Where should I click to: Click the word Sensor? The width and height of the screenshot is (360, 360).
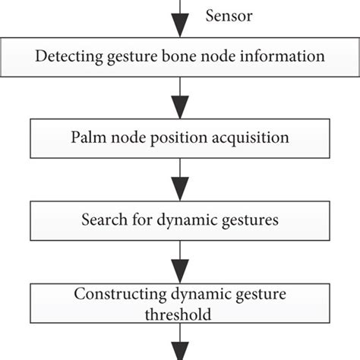(229, 15)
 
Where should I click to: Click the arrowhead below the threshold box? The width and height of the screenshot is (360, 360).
(179, 350)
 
